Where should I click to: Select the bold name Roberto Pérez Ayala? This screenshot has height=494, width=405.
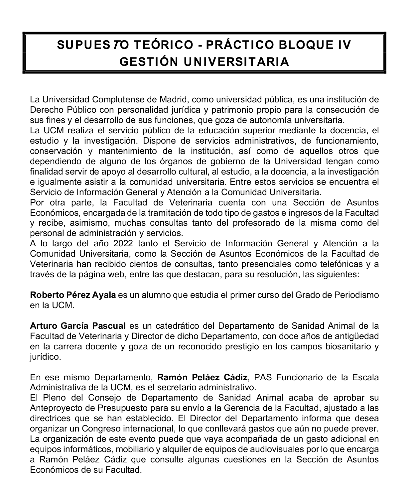tap(73, 295)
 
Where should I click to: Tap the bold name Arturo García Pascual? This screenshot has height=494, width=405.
tap(78, 326)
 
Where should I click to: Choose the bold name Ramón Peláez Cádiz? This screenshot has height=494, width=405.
tap(202, 377)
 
